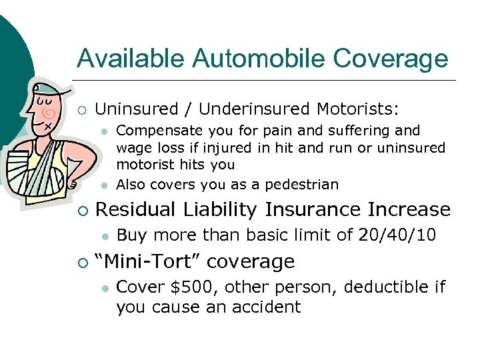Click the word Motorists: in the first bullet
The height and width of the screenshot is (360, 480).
[x=357, y=109]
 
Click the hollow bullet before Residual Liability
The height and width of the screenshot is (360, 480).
[x=82, y=210]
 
